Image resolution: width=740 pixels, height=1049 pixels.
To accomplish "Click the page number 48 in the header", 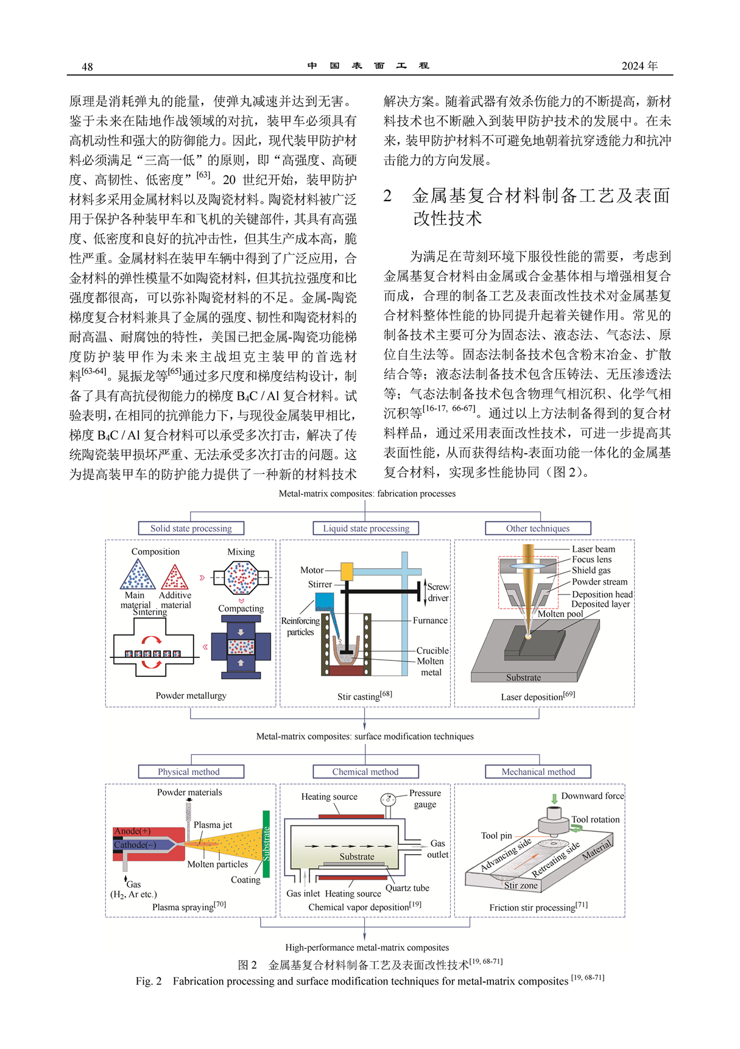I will click(87, 66).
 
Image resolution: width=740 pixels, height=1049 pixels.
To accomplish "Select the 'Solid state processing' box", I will click(191, 528).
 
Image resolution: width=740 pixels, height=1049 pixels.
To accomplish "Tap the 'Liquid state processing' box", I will click(366, 528).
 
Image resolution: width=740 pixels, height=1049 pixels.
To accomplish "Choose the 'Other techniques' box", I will click(538, 528).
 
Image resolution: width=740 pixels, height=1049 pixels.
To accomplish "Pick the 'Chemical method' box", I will click(365, 772).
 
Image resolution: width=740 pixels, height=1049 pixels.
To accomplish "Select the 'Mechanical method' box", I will click(538, 772).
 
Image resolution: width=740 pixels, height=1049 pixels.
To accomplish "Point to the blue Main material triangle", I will click(138, 574).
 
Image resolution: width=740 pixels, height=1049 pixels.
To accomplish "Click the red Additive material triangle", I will click(175, 577).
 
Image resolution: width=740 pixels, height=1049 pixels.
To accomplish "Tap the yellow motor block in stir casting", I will click(347, 571).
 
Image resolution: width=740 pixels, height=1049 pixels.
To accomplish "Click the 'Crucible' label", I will click(432, 651).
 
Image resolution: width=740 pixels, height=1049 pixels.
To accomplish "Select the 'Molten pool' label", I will click(560, 613).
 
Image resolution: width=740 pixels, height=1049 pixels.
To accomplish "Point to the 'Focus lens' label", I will click(591, 559).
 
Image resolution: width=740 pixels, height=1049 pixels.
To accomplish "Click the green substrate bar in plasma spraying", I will click(266, 844).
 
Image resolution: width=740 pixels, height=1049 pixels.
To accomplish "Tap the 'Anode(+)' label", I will click(132, 831).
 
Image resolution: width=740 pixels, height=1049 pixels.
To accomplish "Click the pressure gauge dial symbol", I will click(388, 799).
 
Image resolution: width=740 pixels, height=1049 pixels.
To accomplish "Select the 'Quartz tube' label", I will click(407, 888).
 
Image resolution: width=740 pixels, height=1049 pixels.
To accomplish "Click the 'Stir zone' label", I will click(521, 885).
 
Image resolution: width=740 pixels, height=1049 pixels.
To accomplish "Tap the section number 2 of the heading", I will click(388, 196).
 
